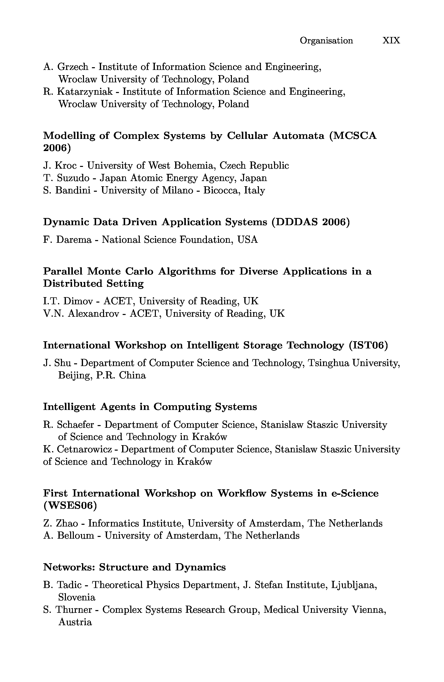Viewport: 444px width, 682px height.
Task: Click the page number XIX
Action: [x=391, y=40]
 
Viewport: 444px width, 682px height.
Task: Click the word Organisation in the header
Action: [x=326, y=41]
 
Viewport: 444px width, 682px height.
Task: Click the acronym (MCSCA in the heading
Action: [x=353, y=136]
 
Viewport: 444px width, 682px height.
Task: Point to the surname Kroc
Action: [x=66, y=166]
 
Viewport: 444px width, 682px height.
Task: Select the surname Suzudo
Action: [x=73, y=178]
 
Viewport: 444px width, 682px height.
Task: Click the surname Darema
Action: [x=74, y=240]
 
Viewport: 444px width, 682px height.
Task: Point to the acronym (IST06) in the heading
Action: [x=368, y=345]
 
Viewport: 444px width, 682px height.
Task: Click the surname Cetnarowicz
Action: [x=84, y=449]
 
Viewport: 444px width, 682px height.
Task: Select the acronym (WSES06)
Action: [x=70, y=506]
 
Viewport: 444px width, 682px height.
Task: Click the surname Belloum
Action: [x=76, y=535]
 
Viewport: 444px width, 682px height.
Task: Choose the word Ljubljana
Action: [x=354, y=585]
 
